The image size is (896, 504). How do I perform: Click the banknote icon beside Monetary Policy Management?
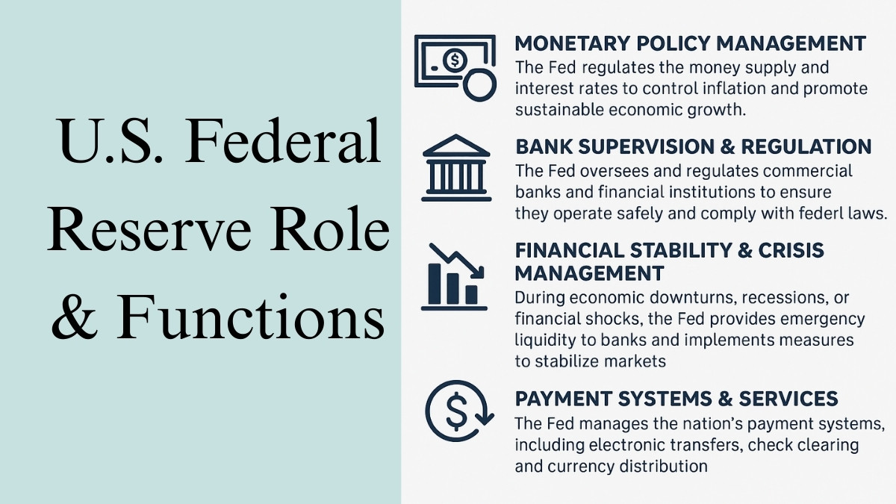click(x=454, y=66)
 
